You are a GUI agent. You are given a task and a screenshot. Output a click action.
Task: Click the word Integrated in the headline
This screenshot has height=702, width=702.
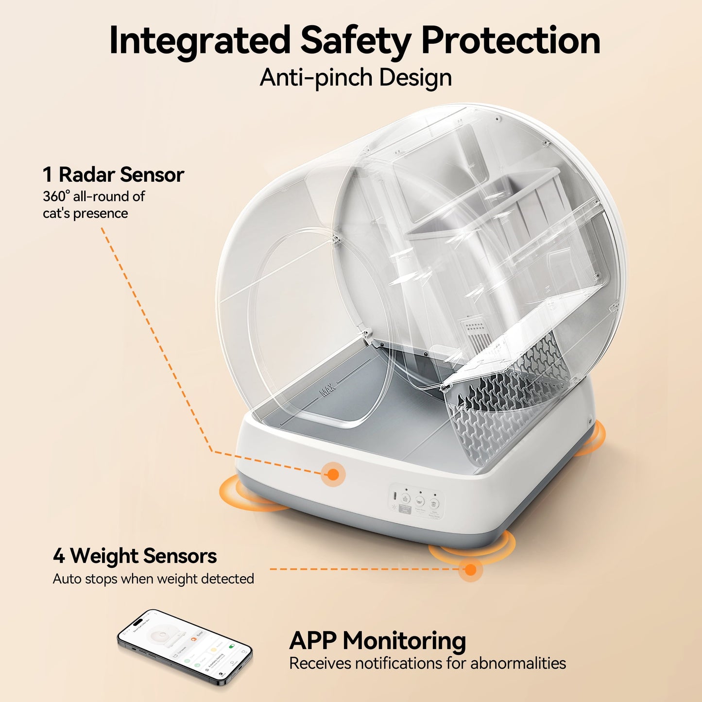199,41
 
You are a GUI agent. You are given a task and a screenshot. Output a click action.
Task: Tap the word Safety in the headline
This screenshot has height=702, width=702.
356,41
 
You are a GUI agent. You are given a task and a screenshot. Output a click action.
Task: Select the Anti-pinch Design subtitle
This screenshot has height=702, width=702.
356,78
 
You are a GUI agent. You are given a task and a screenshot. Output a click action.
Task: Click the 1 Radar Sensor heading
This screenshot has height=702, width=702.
113,175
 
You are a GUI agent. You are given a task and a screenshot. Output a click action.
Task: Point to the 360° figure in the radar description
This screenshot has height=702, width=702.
56,197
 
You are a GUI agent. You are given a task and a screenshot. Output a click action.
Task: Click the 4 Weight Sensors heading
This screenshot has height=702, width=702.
135,556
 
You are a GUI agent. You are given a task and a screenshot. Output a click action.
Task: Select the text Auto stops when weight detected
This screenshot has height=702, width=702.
153,579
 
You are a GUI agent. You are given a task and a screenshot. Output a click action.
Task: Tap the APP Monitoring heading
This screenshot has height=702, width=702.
377,641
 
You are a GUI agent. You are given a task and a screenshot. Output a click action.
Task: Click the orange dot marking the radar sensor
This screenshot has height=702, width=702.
333,474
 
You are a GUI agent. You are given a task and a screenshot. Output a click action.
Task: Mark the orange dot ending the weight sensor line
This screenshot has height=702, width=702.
470,569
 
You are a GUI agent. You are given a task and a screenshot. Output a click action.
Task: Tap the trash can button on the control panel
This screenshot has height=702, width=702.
434,504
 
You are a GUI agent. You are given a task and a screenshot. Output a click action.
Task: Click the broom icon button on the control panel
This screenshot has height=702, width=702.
406,499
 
